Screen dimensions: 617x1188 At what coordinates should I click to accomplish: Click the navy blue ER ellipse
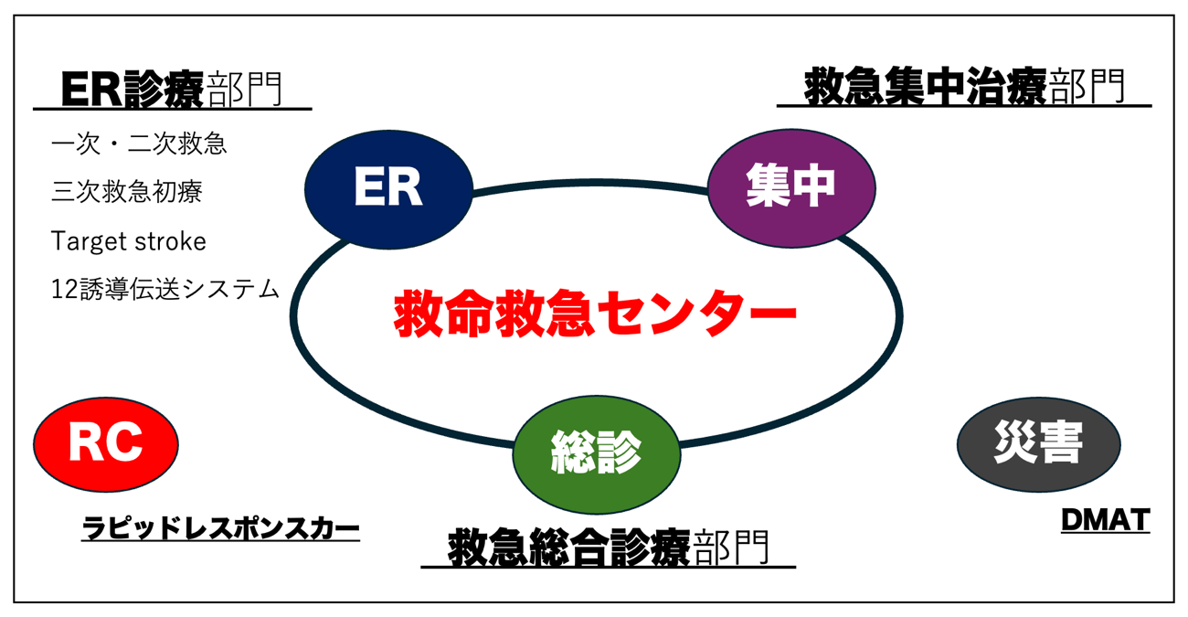click(388, 187)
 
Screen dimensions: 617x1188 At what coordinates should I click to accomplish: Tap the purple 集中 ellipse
click(791, 186)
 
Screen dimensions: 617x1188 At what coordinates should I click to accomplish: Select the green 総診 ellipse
click(596, 452)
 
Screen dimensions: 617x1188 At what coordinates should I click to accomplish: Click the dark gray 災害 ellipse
click(1038, 445)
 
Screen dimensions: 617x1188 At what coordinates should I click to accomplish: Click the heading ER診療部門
click(172, 90)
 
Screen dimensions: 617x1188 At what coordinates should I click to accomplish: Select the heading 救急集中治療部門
click(964, 89)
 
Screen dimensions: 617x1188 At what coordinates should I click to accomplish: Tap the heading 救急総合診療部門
click(609, 548)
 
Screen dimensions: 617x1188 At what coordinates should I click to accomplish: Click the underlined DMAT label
click(1105, 520)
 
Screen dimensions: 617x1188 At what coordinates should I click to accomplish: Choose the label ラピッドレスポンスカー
click(220, 528)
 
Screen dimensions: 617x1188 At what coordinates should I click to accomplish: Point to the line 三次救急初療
click(127, 192)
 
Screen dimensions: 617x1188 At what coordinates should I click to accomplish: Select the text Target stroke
click(129, 241)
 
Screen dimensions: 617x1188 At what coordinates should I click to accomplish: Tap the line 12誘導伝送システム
click(165, 290)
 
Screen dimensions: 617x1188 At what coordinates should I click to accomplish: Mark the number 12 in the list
click(63, 290)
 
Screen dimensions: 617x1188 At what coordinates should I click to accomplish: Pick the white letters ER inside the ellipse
click(388, 187)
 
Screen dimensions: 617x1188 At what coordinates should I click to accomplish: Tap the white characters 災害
click(1038, 445)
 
